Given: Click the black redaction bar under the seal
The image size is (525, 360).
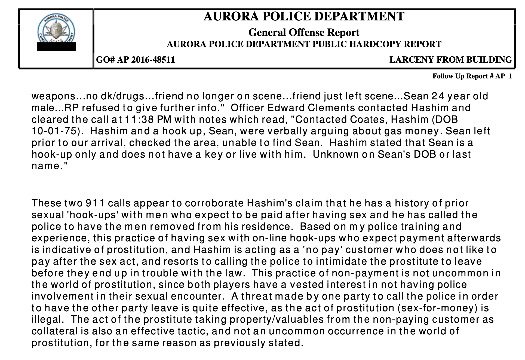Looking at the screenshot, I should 56,47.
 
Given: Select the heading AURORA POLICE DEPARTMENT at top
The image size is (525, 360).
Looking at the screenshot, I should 304,16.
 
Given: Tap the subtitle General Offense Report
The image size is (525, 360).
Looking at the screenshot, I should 304,32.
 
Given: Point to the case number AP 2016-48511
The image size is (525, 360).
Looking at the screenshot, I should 146,60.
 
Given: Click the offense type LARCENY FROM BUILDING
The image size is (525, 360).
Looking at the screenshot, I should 450,60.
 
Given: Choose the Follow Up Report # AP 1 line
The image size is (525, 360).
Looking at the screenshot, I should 472,76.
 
